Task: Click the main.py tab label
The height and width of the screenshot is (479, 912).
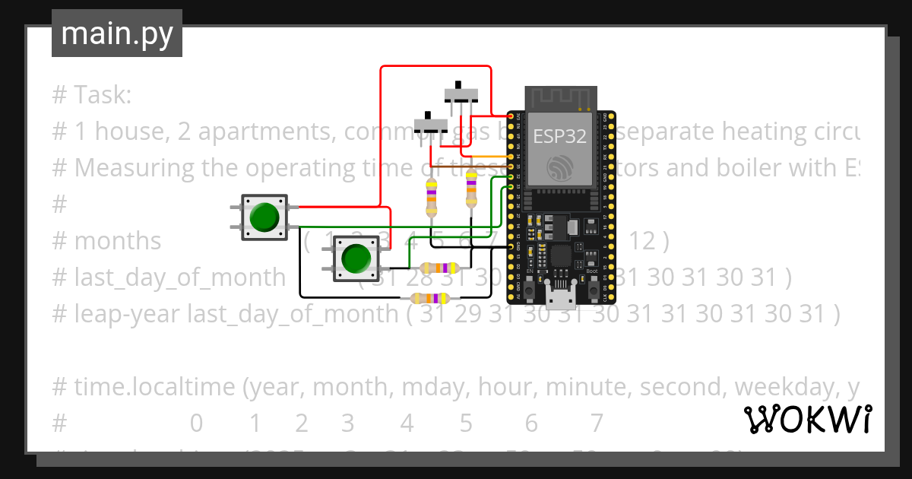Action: pos(116,33)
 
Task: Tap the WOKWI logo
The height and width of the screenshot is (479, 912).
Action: pos(807,419)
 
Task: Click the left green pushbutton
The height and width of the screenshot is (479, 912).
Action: pos(264,217)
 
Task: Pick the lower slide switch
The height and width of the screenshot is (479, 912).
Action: pos(430,123)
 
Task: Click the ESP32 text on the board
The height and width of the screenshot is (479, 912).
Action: pos(559,137)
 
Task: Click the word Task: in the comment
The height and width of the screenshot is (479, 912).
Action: pos(103,96)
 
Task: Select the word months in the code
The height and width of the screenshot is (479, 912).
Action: pos(118,241)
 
